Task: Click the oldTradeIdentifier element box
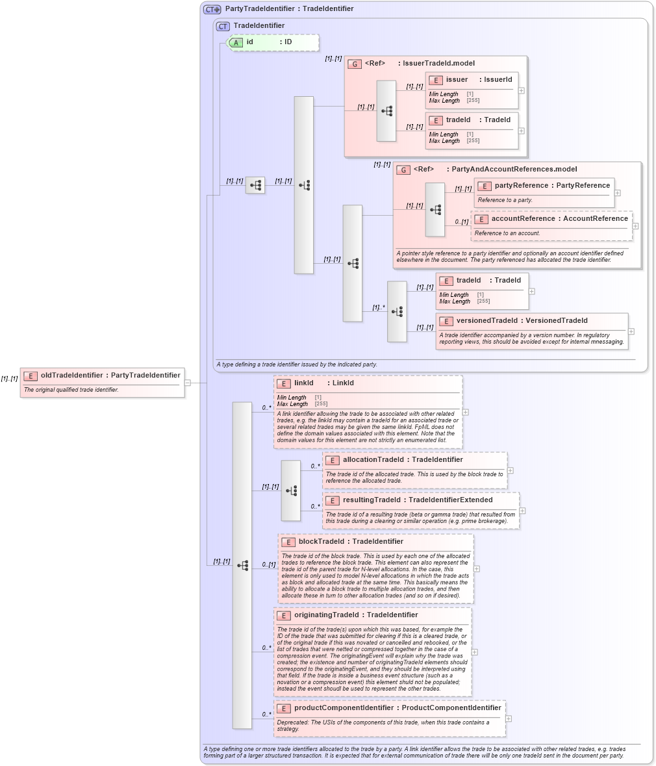102,382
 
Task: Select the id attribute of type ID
273,42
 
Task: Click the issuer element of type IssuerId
472,90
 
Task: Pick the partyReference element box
544,192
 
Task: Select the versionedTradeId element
531,331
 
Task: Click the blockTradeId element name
321,542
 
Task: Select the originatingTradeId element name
326,615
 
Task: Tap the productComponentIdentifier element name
344,708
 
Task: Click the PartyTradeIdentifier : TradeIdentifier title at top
289,9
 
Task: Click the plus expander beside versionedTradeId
631,331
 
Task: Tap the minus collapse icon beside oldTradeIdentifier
188,383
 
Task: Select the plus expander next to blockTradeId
477,568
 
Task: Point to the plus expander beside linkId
466,412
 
